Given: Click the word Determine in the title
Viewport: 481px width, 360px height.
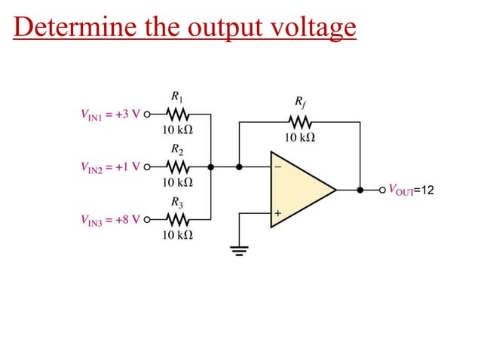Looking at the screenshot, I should click(63, 28).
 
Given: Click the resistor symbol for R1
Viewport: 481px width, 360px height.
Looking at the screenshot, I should click(178, 114).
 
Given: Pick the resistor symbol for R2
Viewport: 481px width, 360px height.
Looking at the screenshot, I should click(178, 167).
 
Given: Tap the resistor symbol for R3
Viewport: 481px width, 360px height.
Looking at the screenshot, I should click(178, 221).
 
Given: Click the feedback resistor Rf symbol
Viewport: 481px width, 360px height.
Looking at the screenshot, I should click(299, 122).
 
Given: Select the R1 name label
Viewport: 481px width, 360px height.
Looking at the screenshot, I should click(177, 96).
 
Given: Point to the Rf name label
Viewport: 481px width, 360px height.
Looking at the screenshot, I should click(299, 102).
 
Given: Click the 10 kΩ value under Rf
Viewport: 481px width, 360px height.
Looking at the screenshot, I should click(299, 138).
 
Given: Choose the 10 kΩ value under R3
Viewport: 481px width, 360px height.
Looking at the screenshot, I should click(178, 236).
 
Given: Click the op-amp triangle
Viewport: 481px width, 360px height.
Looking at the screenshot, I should click(298, 189).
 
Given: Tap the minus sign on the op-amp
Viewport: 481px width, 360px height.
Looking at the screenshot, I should click(277, 167).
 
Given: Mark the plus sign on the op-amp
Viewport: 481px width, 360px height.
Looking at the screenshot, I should click(277, 214).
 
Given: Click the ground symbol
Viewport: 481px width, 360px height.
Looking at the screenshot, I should click(240, 251).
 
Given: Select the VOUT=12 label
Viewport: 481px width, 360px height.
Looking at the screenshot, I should click(410, 190).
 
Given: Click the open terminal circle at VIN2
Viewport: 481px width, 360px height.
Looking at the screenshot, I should click(146, 167).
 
